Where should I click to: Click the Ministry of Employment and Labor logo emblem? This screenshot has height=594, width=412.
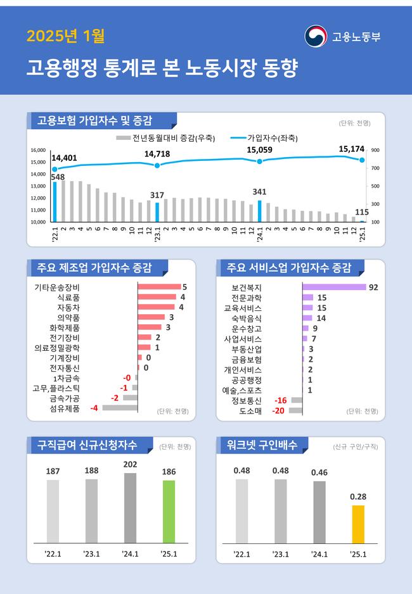[316, 36]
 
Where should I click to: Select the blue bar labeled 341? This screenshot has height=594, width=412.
[259, 211]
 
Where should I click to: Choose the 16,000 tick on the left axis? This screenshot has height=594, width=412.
[38, 150]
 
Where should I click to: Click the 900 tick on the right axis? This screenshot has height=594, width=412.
[375, 150]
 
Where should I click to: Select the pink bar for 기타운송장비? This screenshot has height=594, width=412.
[159, 287]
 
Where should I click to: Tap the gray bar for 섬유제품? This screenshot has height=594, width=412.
[120, 408]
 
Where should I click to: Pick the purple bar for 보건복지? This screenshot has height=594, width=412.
[334, 287]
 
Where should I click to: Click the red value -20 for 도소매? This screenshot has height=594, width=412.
[278, 410]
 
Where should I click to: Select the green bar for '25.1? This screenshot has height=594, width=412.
[169, 511]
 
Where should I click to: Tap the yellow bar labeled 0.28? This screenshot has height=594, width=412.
[358, 524]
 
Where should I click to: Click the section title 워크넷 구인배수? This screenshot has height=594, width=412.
[262, 445]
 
